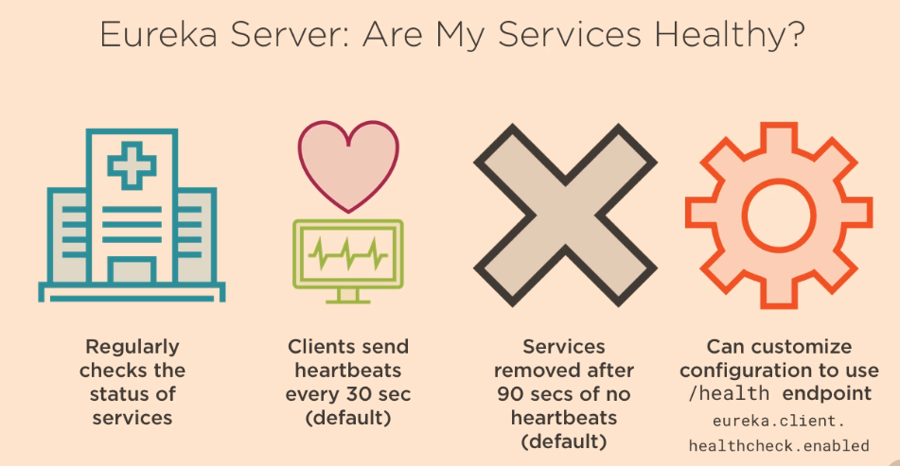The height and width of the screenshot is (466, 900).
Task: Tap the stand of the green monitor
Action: click(x=348, y=295)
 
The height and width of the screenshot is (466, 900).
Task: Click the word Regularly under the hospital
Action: click(x=132, y=347)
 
